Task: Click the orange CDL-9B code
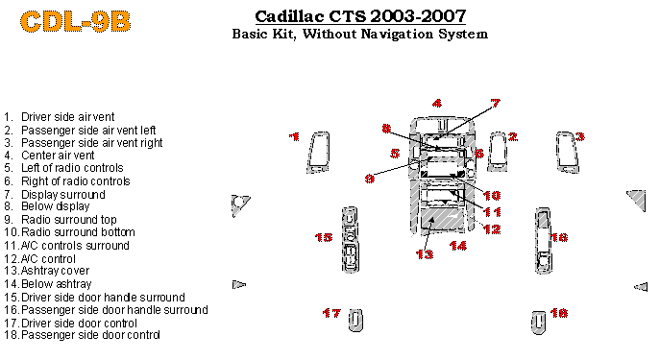pyautogui.click(x=75, y=21)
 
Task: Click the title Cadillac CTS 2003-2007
pyautogui.click(x=360, y=16)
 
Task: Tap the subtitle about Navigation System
pyautogui.click(x=360, y=34)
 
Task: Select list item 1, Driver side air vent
pyautogui.click(x=60, y=117)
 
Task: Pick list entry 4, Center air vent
pyautogui.click(x=49, y=156)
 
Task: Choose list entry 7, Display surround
pyautogui.click(x=55, y=194)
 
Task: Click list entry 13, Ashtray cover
pyautogui.click(x=47, y=271)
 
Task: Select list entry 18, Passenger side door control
pyautogui.click(x=82, y=335)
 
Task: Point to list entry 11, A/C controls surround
pyautogui.click(x=66, y=245)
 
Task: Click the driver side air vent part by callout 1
pyautogui.click(x=319, y=153)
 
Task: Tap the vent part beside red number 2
pyautogui.click(x=498, y=153)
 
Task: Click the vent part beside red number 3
pyautogui.click(x=567, y=153)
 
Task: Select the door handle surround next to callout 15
pyautogui.click(x=350, y=240)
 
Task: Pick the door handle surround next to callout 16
pyautogui.click(x=543, y=241)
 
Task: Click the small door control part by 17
pyautogui.click(x=355, y=321)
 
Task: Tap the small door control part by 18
pyautogui.click(x=538, y=323)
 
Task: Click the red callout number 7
pyautogui.click(x=496, y=103)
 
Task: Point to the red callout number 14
pyautogui.click(x=458, y=245)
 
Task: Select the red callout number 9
pyautogui.click(x=370, y=179)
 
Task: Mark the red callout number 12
pyautogui.click(x=492, y=229)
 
